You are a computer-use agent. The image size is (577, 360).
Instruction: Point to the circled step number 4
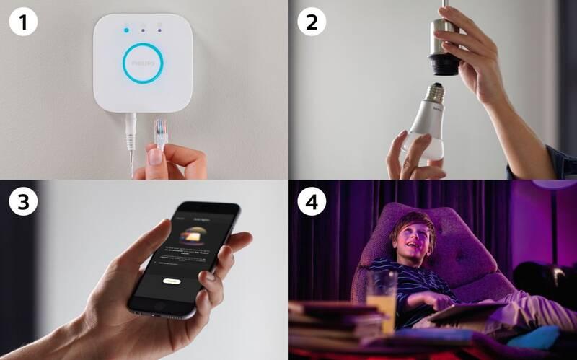[x=311, y=203]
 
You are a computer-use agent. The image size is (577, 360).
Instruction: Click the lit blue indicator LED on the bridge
[x=127, y=30]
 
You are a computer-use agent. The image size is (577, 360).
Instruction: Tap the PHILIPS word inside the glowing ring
[x=143, y=64]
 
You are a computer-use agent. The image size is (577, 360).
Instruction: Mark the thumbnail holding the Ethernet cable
[x=154, y=154]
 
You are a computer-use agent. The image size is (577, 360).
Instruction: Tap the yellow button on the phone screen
[x=171, y=281]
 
